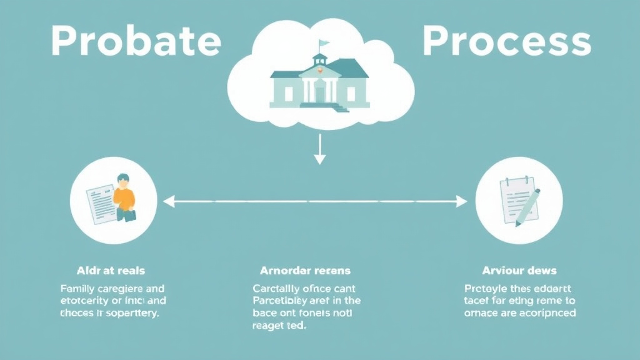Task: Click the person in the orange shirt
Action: (x=124, y=197)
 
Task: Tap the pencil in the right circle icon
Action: (x=529, y=206)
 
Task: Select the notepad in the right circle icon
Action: (x=514, y=197)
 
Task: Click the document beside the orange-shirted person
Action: (x=100, y=204)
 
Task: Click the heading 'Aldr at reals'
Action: (x=111, y=271)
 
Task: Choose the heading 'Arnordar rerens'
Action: (x=305, y=271)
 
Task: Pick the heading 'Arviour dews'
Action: (x=520, y=271)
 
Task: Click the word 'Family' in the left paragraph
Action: (x=79, y=289)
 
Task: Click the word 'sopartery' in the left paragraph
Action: (x=132, y=314)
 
